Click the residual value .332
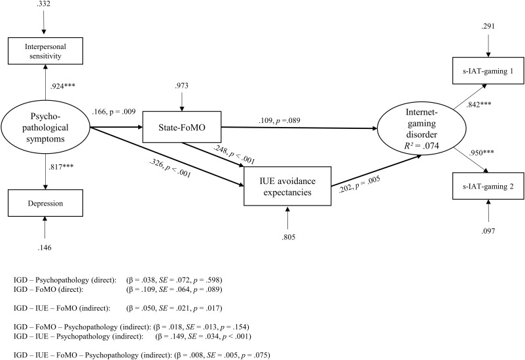(x=44, y=5)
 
